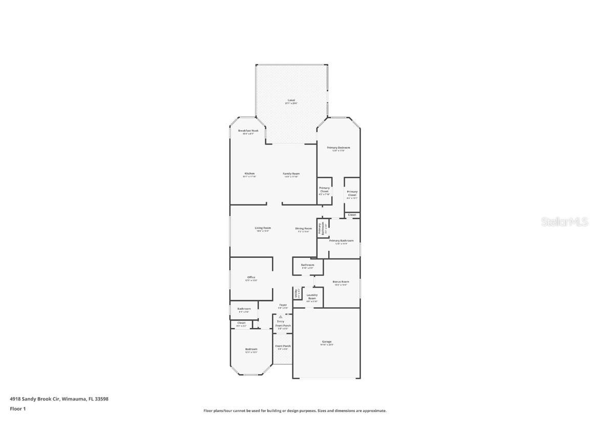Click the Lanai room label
[x=291, y=100]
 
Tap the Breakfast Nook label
[x=248, y=131]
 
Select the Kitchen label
[x=249, y=174]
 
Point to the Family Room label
[x=291, y=174]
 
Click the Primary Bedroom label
[x=339, y=148]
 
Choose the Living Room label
[x=263, y=228]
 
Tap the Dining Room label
[x=304, y=229]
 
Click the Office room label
[x=251, y=277]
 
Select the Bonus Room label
[x=341, y=282]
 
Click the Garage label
[x=327, y=342]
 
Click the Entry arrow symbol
[x=280, y=317]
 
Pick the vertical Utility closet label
[x=296, y=293]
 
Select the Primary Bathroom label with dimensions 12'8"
[x=341, y=241]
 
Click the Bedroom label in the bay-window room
[x=251, y=350]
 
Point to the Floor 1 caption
[x=18, y=409]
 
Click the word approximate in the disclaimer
[x=375, y=411]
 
